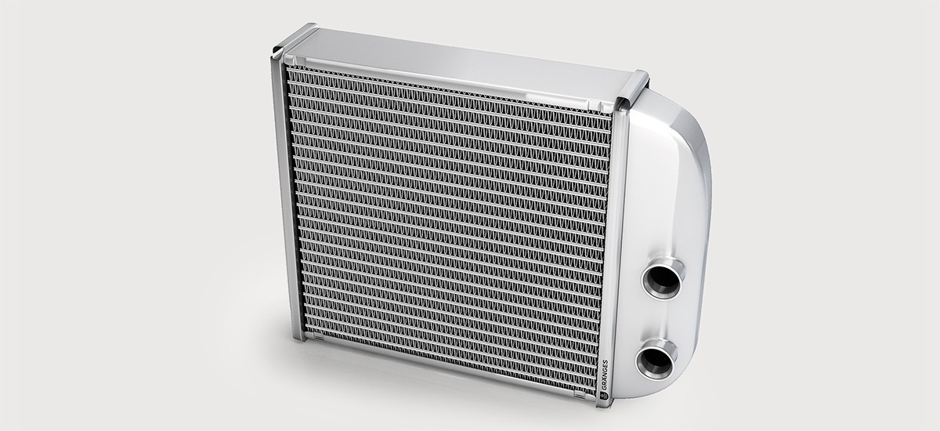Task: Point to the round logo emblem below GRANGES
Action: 604,397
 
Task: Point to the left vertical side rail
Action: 286,196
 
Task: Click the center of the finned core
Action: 446,223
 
